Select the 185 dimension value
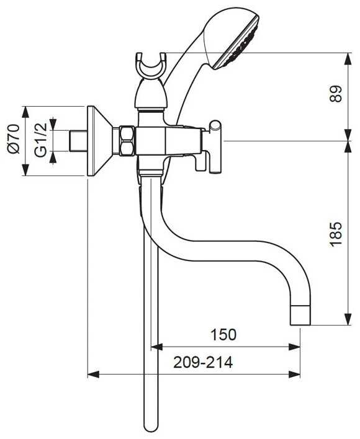[336, 234]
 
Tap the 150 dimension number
[223, 335]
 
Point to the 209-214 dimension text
[203, 362]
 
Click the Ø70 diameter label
[14, 139]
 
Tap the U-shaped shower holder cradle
[151, 66]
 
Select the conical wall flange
[100, 141]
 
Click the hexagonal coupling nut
[127, 141]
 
